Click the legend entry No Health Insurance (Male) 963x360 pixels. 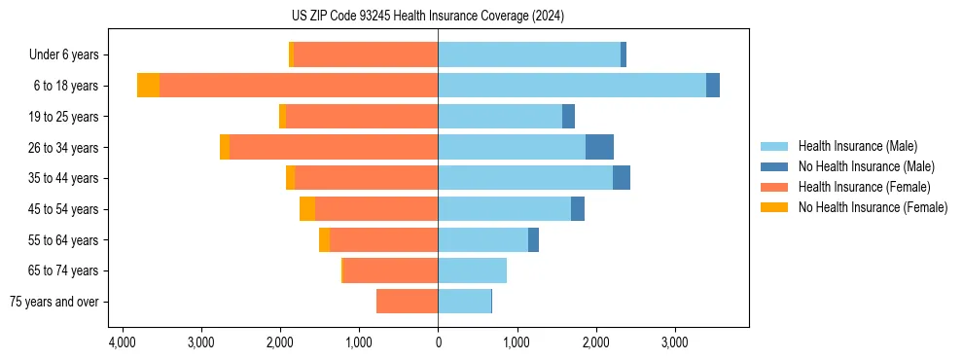pyautogui.click(x=866, y=166)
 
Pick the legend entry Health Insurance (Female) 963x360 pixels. pyautogui.click(x=864, y=187)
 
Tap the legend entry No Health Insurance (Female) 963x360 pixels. pyautogui.click(x=873, y=207)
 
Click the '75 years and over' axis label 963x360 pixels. pyautogui.click(x=53, y=302)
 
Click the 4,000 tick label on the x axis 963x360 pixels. pyautogui.click(x=122, y=343)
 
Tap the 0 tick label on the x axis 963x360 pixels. pyautogui.click(x=438, y=343)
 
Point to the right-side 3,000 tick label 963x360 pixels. pyautogui.click(x=675, y=343)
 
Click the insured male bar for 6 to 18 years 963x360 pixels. pyautogui.click(x=572, y=86)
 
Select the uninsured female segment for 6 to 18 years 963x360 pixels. pyautogui.click(x=148, y=86)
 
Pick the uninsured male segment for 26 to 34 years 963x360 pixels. pyautogui.click(x=599, y=147)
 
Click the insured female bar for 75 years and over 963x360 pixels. pyautogui.click(x=407, y=302)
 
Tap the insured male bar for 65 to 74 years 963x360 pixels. pyautogui.click(x=472, y=270)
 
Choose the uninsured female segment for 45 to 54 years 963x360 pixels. pyautogui.click(x=307, y=209)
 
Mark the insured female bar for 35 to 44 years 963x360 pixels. pyautogui.click(x=366, y=178)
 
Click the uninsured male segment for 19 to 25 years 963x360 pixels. pyautogui.click(x=568, y=117)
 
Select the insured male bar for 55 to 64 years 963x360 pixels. pyautogui.click(x=482, y=239)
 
